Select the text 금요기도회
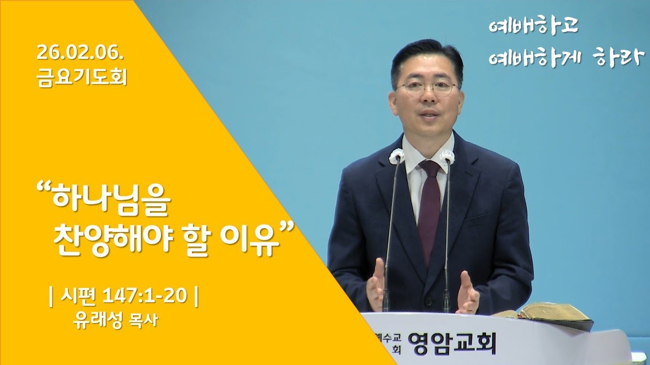(x=82, y=78)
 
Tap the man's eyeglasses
(x=427, y=87)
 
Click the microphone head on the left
(x=396, y=156)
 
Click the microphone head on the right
(x=447, y=156)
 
